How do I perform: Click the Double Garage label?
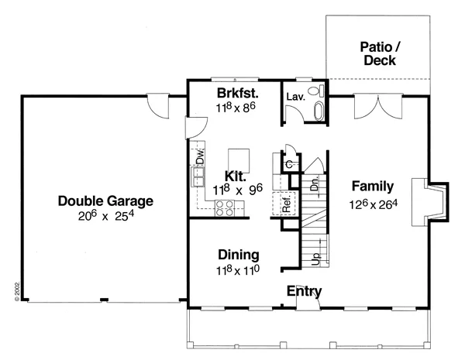[x=105, y=201]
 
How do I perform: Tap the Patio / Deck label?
[x=380, y=53]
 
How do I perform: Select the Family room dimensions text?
[x=373, y=204]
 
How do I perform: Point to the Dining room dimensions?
[x=238, y=270]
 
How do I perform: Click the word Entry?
[x=304, y=292]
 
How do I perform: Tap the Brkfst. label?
[x=238, y=93]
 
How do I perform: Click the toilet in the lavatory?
[x=316, y=91]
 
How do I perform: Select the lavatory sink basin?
[x=319, y=111]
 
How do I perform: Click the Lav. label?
[x=296, y=97]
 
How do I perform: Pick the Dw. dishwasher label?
[x=200, y=156]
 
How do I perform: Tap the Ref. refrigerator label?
[x=286, y=204]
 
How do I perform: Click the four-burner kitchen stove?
[x=225, y=208]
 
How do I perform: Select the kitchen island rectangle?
[x=239, y=161]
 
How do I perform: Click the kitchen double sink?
[x=198, y=177]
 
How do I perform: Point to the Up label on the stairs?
[x=316, y=259]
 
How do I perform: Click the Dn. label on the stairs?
[x=315, y=183]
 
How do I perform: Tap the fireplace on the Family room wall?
[x=430, y=202]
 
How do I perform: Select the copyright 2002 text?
[x=17, y=292]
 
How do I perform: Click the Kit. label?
[x=236, y=177]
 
